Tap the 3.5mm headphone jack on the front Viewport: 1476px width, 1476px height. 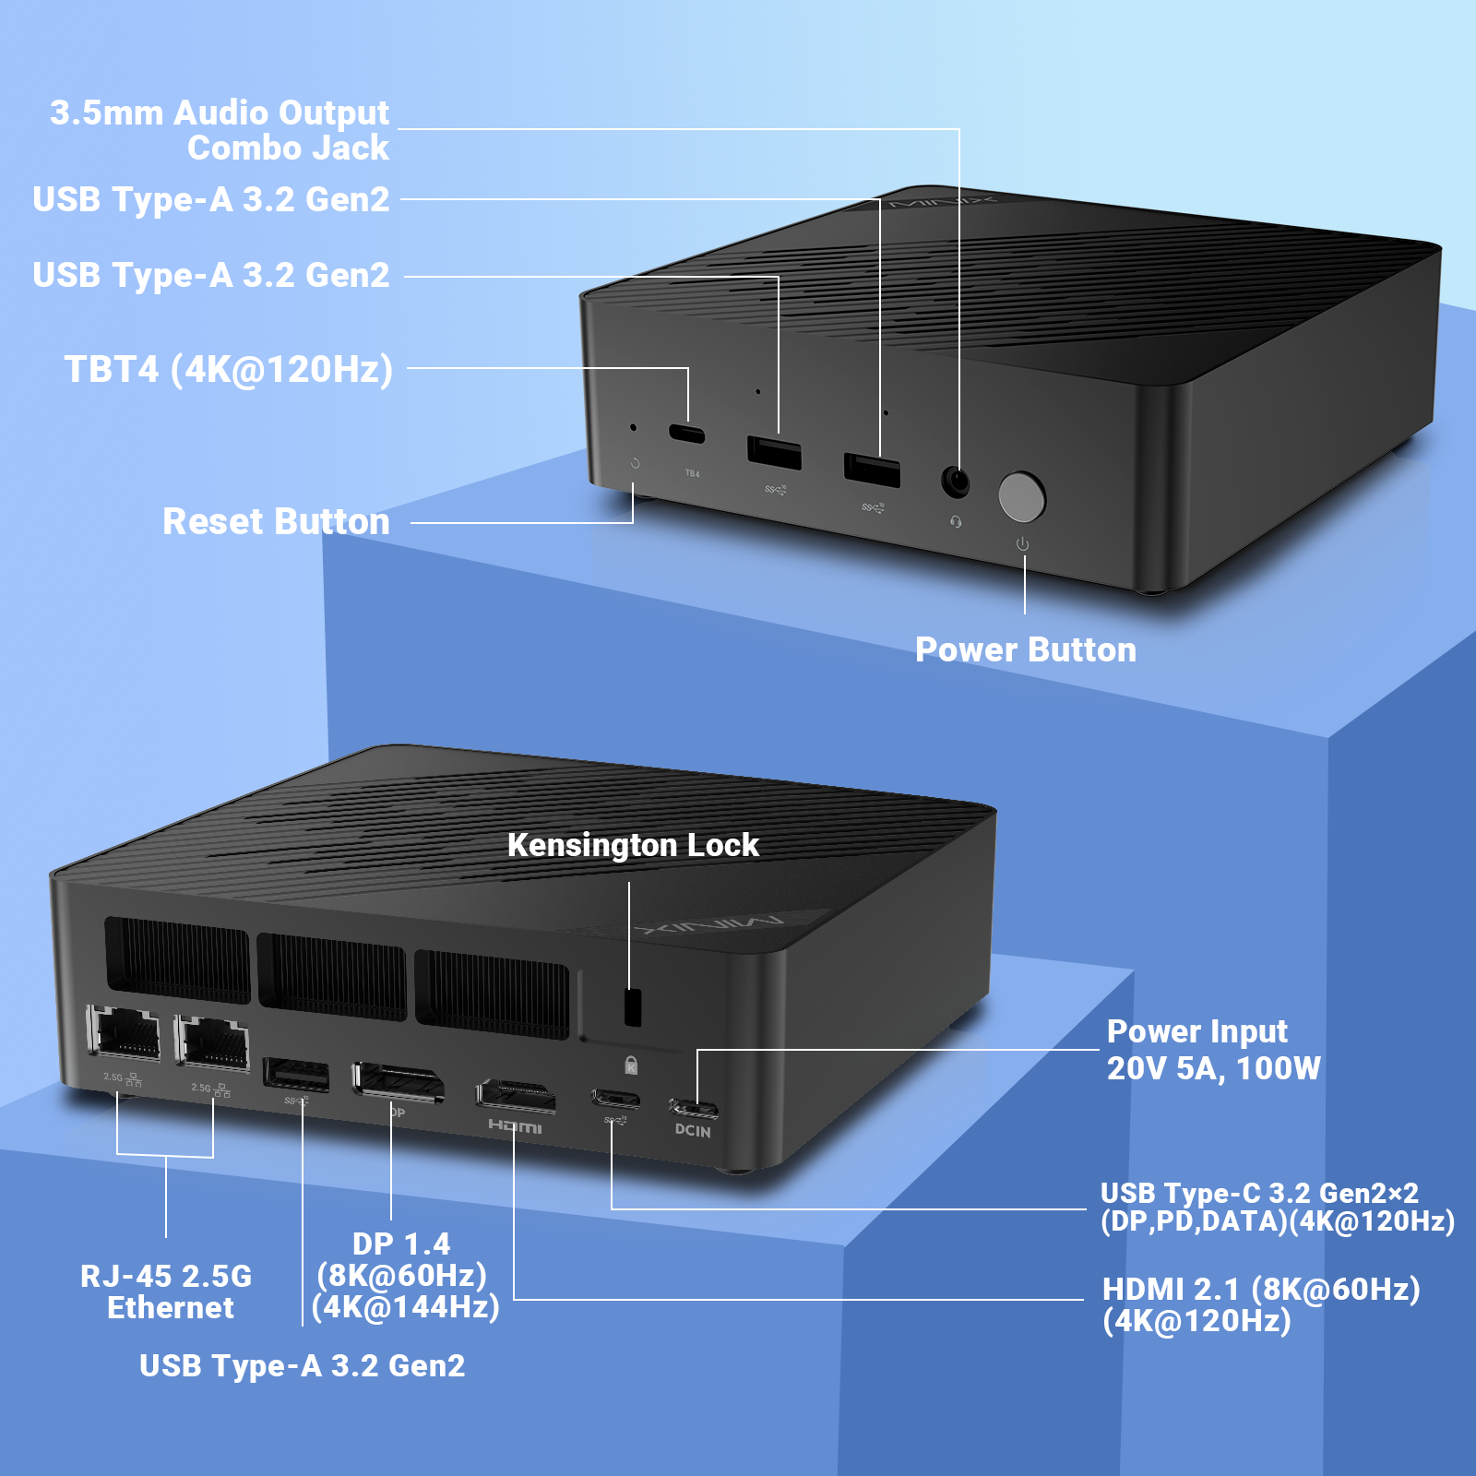(956, 482)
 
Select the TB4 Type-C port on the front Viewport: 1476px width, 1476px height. (686, 434)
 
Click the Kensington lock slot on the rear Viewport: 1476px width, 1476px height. (632, 1007)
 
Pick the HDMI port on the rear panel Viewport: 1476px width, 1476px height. (516, 1095)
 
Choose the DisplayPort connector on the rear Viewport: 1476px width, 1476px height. (399, 1082)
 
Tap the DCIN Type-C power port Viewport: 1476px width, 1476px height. (694, 1107)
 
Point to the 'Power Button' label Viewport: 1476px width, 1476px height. (1026, 649)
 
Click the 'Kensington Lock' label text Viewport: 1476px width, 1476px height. (633, 845)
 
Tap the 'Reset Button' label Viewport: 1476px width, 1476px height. (276, 521)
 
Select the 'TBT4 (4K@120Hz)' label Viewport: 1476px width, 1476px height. (229, 369)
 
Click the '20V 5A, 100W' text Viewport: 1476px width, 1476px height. (1214, 1068)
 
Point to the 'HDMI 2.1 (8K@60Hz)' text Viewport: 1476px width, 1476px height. (1261, 1289)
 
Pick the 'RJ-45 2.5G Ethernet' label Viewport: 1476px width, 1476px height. (167, 1291)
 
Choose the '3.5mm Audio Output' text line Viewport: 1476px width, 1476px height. (220, 113)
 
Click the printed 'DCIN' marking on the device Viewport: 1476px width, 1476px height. (693, 1131)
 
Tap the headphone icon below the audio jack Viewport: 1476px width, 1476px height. (956, 522)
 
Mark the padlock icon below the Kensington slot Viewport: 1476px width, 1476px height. (631, 1065)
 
